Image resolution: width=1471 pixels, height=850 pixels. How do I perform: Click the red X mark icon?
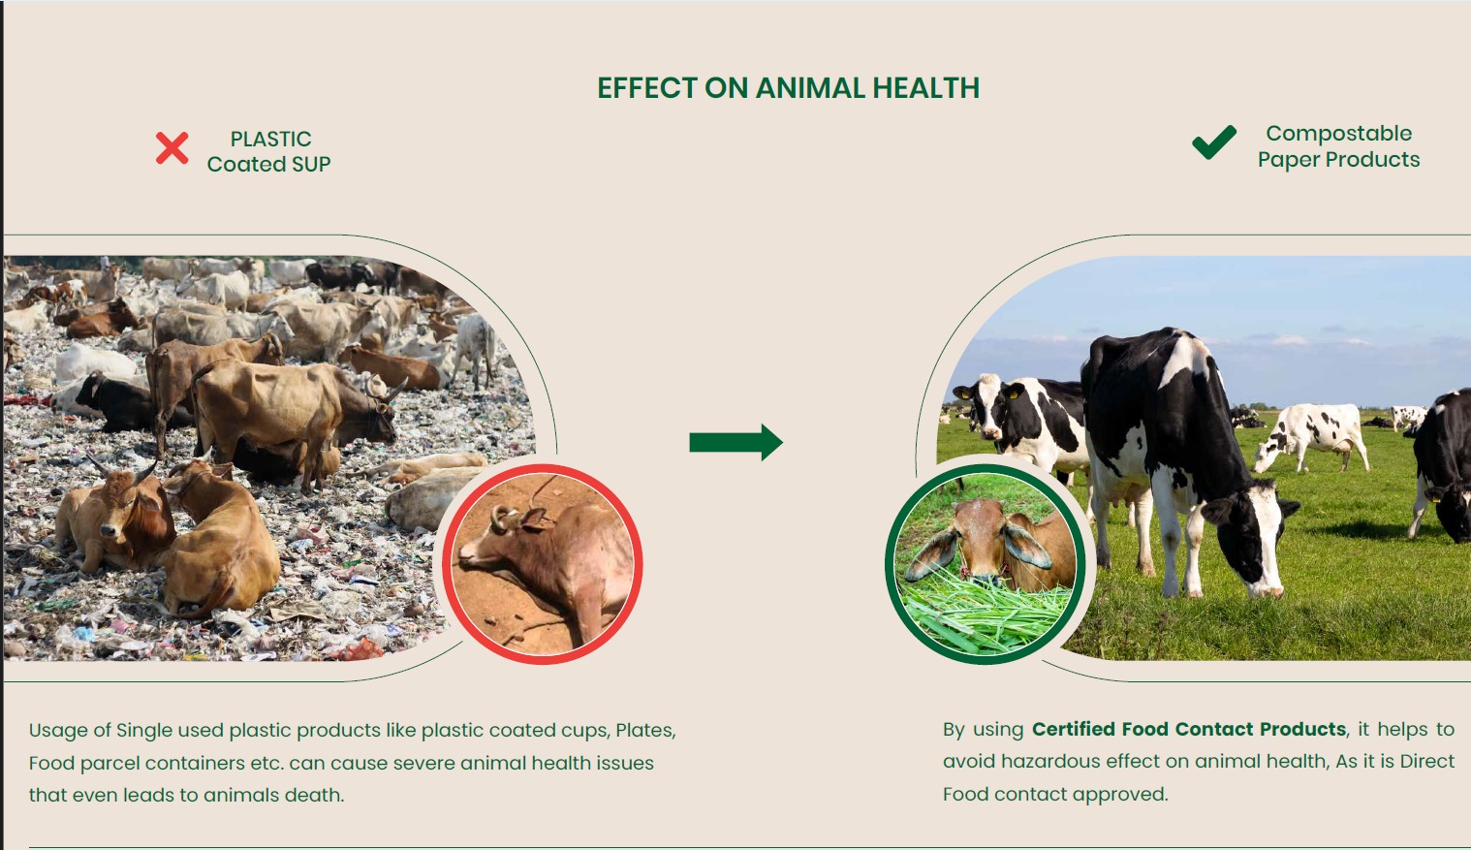(x=172, y=147)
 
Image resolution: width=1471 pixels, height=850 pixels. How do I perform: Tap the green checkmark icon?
(x=1214, y=142)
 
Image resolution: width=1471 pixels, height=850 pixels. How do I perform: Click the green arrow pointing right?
(x=735, y=442)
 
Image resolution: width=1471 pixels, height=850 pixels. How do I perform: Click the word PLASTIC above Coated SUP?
(x=270, y=140)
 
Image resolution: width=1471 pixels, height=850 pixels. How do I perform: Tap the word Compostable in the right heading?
(x=1339, y=134)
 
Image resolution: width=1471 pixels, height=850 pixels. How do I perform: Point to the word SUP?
(x=311, y=164)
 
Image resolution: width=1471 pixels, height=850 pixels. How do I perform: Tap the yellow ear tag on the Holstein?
(x=1014, y=394)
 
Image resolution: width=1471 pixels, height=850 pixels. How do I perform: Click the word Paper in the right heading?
(x=1289, y=160)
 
